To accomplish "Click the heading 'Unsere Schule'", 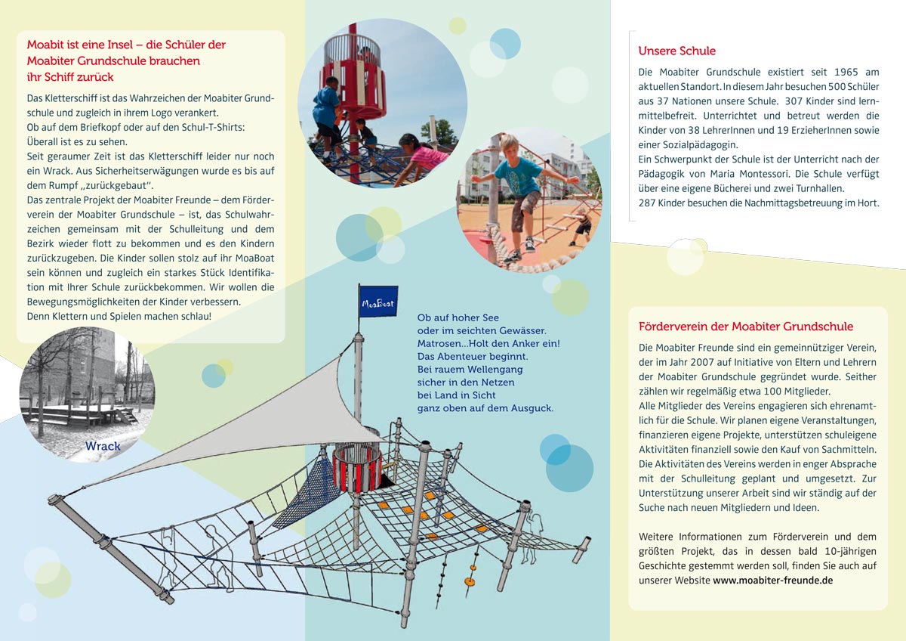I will tap(676, 51).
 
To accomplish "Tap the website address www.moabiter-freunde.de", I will tap(773, 581).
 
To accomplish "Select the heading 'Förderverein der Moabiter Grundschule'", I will tap(746, 327).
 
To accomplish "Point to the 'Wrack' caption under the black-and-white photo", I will tap(103, 446).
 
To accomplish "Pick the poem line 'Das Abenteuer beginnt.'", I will tap(473, 356).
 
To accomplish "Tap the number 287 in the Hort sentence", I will tap(647, 203).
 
